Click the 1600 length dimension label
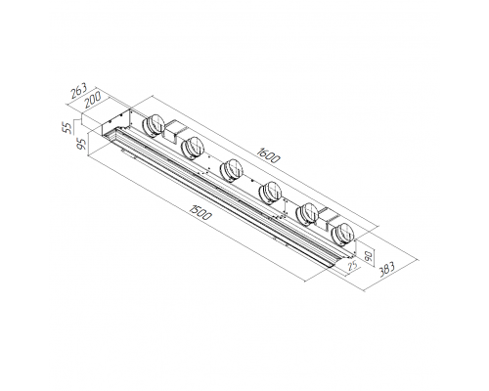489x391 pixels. pos(268,155)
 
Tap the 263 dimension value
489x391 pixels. pos(79,91)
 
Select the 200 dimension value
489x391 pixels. pos(93,100)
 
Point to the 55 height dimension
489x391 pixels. pos(67,127)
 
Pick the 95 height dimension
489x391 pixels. pos(83,144)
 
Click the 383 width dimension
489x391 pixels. pos(387,269)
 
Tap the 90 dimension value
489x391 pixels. pos(369,254)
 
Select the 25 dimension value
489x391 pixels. pos(352,266)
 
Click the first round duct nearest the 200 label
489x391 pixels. pos(154,125)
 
